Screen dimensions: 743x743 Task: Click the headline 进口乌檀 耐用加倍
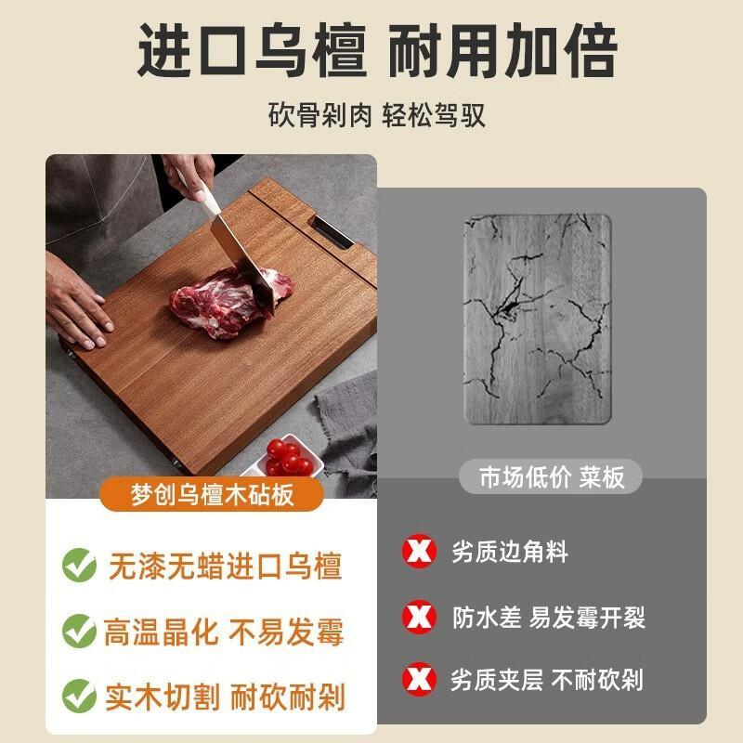click(x=378, y=51)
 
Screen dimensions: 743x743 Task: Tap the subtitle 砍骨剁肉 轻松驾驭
click(x=377, y=114)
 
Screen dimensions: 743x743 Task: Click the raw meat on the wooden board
click(x=230, y=301)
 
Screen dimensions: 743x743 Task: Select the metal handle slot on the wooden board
click(x=332, y=231)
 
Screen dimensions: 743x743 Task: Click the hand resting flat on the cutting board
click(x=78, y=303)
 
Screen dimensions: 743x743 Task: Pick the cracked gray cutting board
click(x=538, y=319)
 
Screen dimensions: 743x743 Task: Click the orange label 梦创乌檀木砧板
click(x=212, y=494)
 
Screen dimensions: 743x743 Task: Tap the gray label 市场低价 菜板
click(x=551, y=476)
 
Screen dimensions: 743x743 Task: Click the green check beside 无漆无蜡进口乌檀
click(x=79, y=565)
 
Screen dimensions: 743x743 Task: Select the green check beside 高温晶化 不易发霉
click(x=79, y=631)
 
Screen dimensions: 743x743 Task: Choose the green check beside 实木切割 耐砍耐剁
click(x=79, y=696)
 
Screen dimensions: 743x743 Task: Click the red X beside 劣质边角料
click(x=419, y=551)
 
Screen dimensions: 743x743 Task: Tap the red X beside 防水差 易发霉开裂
click(x=419, y=617)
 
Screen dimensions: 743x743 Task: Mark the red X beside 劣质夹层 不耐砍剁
click(x=419, y=678)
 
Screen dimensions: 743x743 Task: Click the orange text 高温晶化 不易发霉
click(x=224, y=632)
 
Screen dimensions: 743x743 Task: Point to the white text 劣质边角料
click(x=509, y=552)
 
